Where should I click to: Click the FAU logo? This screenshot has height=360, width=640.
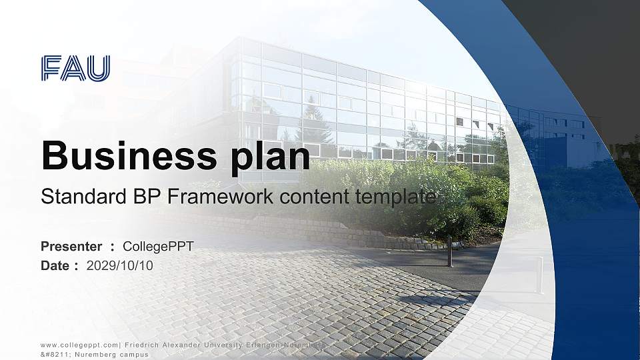click(75, 69)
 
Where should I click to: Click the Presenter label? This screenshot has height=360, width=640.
click(71, 247)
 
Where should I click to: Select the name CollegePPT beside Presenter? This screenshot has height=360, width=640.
click(159, 247)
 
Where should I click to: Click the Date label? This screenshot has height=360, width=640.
click(55, 265)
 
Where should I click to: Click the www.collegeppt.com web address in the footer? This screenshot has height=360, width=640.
click(80, 344)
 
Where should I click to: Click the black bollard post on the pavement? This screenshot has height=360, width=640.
click(450, 251)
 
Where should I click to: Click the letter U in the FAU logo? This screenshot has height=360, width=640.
click(99, 69)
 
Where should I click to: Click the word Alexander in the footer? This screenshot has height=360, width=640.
click(185, 344)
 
